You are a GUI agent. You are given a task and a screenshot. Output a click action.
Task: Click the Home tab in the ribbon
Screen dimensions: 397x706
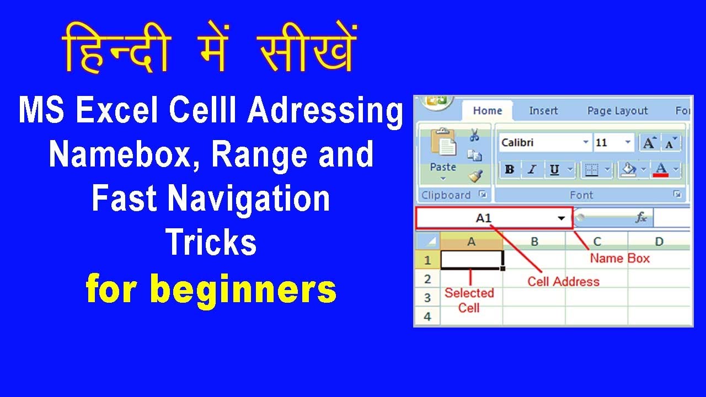coord(487,111)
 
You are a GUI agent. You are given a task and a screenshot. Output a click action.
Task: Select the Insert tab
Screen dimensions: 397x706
coord(543,111)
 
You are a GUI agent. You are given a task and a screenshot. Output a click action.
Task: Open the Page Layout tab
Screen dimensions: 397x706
coord(617,111)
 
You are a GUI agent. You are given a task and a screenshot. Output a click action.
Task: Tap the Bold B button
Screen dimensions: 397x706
coord(510,170)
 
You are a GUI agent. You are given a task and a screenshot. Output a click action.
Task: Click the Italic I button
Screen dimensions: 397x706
coord(532,170)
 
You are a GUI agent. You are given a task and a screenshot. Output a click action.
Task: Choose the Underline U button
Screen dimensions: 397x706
coord(554,170)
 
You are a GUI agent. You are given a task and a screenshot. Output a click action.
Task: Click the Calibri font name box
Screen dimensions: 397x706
coord(541,143)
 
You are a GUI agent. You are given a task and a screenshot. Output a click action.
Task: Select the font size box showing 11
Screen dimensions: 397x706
coord(607,143)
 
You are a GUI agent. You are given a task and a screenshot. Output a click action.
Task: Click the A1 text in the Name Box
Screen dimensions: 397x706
coord(484,218)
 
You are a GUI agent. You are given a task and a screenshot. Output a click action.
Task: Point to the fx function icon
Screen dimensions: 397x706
coord(641,218)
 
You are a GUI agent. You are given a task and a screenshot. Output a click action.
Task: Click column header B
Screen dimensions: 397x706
coord(534,241)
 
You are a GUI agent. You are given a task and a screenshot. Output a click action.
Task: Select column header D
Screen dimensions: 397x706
coord(659,241)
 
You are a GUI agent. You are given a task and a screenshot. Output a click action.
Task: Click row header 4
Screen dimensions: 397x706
coord(427,316)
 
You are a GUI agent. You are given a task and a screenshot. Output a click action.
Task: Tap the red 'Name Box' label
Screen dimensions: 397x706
coord(620,258)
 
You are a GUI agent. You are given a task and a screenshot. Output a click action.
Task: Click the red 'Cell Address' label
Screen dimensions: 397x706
coord(563,282)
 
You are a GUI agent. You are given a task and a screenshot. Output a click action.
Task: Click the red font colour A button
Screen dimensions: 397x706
coord(661,170)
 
